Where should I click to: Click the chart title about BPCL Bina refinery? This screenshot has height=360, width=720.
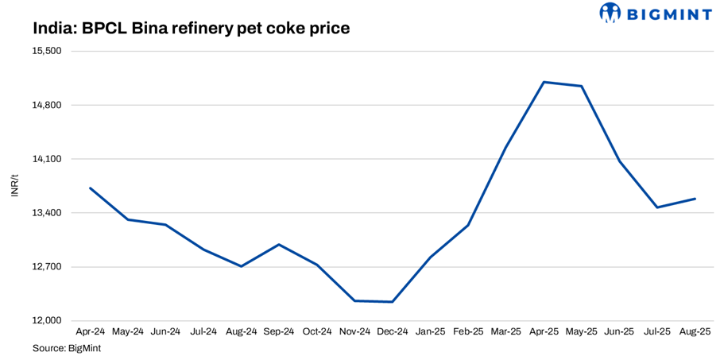click(x=192, y=29)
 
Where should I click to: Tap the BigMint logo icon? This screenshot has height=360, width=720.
click(x=610, y=13)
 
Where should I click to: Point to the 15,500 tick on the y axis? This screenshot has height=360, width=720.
click(x=45, y=51)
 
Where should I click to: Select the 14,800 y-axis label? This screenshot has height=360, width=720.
click(x=45, y=105)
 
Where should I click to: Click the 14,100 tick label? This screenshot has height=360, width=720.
click(x=45, y=159)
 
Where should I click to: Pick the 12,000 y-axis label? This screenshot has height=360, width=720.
click(x=45, y=321)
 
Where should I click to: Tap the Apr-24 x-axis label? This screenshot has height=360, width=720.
click(x=90, y=331)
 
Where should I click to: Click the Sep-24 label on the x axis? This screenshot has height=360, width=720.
click(x=279, y=331)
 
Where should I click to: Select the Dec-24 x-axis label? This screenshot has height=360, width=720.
click(x=393, y=331)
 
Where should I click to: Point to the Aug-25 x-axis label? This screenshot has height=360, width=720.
click(x=695, y=331)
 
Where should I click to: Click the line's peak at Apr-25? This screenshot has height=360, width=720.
click(x=544, y=82)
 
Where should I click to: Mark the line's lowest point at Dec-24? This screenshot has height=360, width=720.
click(x=393, y=302)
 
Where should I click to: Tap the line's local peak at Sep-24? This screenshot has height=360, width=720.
click(x=279, y=244)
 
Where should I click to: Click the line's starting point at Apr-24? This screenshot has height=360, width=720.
click(x=90, y=188)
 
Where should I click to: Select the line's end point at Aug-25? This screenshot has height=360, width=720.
click(x=695, y=199)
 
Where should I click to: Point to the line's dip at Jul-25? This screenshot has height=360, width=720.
click(x=657, y=207)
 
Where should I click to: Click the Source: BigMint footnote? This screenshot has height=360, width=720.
click(x=67, y=348)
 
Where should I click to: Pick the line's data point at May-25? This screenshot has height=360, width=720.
click(x=582, y=86)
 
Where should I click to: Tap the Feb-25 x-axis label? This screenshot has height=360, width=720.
click(x=468, y=331)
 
